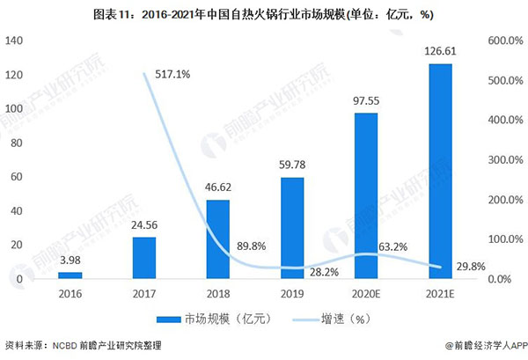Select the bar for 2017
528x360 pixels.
[x=144, y=258]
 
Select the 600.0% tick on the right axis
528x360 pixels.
[x=503, y=40]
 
